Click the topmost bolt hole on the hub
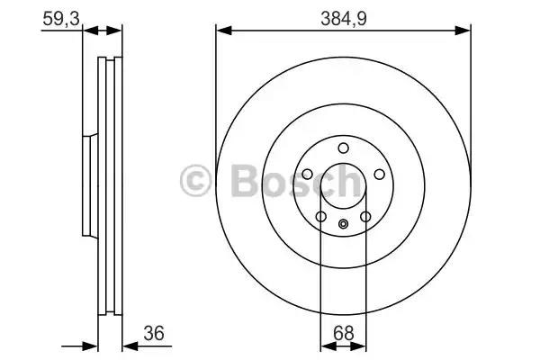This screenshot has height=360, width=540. tap(343, 148)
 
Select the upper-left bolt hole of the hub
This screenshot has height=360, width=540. tap(308, 175)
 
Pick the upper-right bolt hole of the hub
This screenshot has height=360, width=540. tap(378, 175)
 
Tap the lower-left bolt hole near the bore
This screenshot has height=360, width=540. tap(321, 216)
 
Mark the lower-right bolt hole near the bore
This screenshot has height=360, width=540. tap(364, 216)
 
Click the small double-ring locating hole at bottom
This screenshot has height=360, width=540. tap(343, 225)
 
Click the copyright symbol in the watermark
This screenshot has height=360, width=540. tap(196, 181)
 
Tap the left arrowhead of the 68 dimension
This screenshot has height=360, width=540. tap(325, 345)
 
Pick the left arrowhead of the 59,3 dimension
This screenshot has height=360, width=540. tap(87, 31)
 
